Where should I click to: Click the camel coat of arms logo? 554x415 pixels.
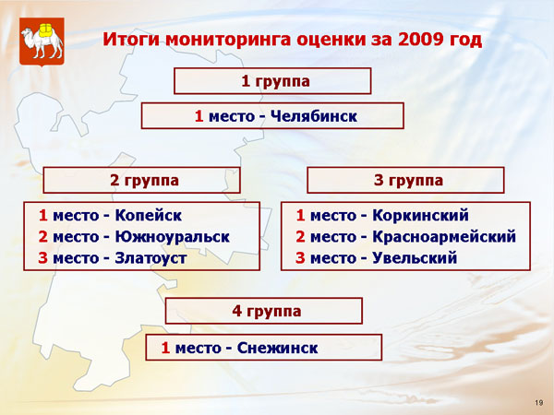pos(42,41)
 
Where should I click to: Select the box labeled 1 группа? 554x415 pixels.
pos(272,81)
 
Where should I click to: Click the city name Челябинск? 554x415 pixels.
pos(314,116)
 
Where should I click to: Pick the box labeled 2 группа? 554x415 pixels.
pos(141,180)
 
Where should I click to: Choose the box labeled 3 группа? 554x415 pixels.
pos(405,180)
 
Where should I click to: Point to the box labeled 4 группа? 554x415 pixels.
pos(264,311)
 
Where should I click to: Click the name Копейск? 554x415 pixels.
pos(149,215)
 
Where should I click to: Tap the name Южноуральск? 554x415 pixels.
pos(173,236)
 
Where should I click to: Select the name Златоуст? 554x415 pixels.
pos(151,258)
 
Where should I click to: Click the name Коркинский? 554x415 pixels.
pos(420,215)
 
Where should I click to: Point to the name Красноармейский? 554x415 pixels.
pos(444,236)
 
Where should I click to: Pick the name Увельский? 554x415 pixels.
pos(415,258)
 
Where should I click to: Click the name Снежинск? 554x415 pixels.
pos(277,348)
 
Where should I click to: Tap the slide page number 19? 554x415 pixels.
pos(539,403)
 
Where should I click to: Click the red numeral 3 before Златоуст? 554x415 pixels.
pos(42,258)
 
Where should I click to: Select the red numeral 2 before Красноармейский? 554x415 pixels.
pos(300,236)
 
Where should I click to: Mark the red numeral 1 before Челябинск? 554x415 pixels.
pos(199,116)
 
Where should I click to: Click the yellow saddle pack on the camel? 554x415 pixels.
pos(45,30)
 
